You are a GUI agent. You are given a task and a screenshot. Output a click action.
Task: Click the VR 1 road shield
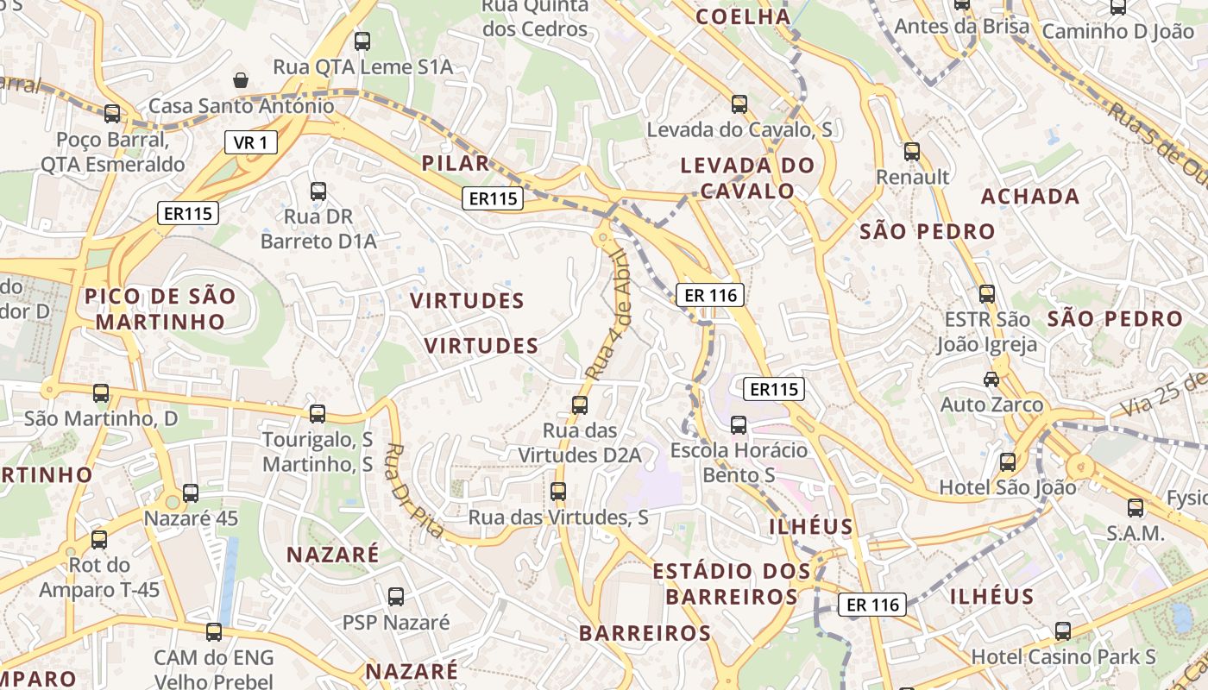251,142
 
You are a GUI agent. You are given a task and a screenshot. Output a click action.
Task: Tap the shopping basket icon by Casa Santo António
241,80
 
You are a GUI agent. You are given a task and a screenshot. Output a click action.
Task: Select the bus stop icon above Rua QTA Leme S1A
362,41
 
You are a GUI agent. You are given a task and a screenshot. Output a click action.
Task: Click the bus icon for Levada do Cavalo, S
739,104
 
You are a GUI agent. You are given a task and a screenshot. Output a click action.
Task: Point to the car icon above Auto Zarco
991,379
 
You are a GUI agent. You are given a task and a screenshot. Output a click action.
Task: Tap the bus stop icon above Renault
912,152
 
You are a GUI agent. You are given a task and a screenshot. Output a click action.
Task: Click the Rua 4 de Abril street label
611,315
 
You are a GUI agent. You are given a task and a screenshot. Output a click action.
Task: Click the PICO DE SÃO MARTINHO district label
160,309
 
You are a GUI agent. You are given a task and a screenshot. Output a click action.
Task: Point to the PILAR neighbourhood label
456,163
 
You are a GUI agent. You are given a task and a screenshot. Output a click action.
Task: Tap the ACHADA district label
1030,196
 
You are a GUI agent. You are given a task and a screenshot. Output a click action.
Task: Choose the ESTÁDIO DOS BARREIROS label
732,583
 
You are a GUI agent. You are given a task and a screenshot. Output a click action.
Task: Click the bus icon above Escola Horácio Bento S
739,424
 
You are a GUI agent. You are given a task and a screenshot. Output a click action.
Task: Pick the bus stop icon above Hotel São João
1008,461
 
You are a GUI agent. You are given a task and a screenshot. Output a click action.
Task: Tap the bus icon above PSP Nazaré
396,596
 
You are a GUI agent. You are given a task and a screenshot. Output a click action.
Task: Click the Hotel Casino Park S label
1063,656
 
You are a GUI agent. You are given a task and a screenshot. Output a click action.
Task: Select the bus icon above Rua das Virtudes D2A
580,405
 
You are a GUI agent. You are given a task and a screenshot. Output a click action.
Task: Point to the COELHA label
743,16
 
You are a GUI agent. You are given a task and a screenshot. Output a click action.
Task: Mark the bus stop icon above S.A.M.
1136,507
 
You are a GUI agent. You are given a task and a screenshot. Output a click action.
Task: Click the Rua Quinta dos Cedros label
535,17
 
